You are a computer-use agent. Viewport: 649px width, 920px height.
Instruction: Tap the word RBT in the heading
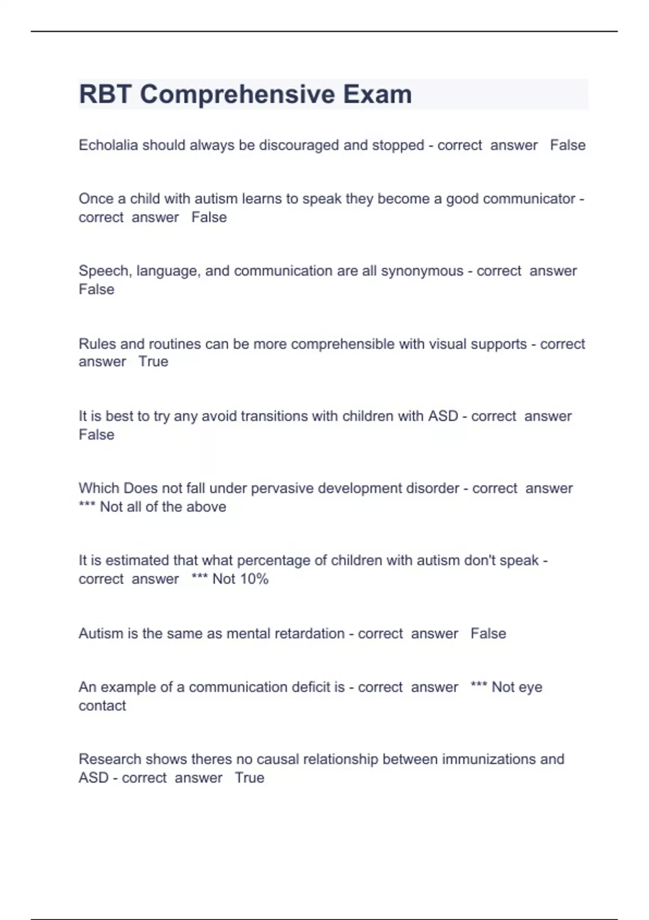(x=105, y=94)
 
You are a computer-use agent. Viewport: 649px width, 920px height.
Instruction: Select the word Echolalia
(x=108, y=145)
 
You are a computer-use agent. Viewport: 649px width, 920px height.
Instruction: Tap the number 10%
(x=254, y=579)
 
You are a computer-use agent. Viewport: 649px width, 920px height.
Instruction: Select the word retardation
(x=309, y=633)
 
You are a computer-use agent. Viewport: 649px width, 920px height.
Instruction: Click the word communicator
(x=528, y=199)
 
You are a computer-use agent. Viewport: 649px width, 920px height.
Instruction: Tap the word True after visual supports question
(x=153, y=362)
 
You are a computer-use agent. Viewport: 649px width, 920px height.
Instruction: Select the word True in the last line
(x=249, y=778)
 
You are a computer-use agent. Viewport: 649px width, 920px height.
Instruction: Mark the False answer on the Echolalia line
(x=567, y=145)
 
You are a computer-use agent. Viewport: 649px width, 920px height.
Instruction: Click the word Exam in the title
(x=377, y=94)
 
